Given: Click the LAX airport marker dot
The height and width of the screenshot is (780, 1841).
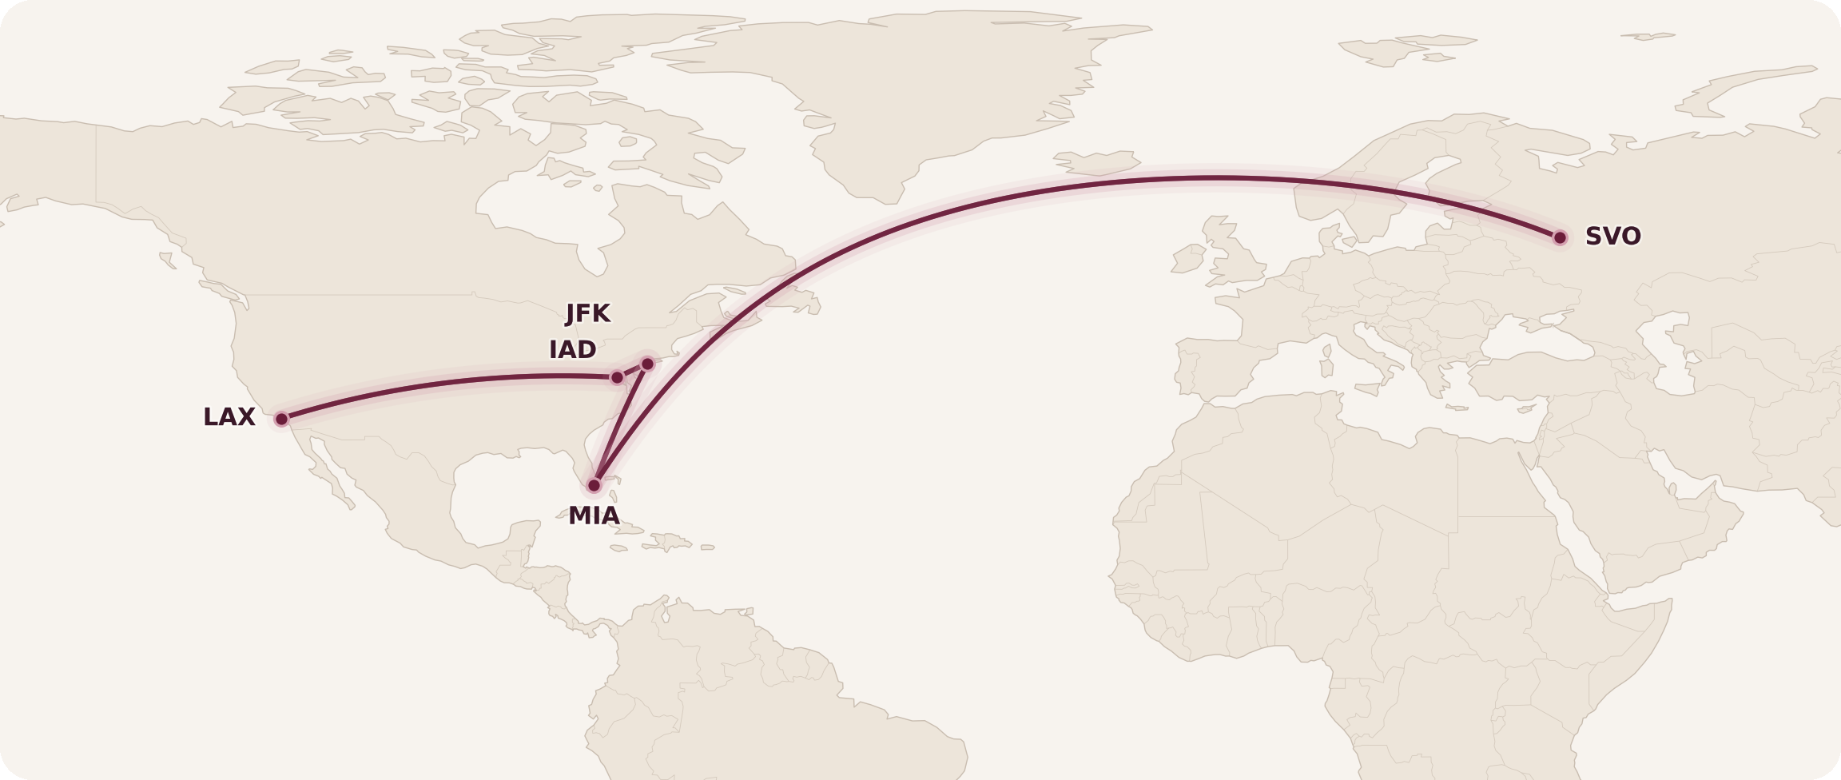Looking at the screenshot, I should point(281,419).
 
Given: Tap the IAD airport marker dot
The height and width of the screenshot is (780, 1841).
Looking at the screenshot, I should point(617,377).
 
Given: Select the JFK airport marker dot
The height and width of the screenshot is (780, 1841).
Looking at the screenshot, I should point(647,364).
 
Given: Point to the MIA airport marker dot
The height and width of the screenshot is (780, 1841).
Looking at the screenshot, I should point(594,485).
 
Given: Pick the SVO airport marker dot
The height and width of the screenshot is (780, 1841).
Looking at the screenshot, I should point(1560,237).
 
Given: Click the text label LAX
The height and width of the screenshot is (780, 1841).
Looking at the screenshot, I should point(229,417).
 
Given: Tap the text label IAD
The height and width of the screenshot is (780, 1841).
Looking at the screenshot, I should point(573,350).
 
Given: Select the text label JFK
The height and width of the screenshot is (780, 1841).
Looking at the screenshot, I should point(588,313).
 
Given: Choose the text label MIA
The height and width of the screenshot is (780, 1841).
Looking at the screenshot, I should point(594,516).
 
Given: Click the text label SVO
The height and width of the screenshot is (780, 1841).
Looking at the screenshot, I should point(1612,237).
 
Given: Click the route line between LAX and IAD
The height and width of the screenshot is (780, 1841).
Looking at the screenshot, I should point(447,382).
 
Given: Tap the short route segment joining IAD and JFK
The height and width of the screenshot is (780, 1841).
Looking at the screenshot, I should point(632,371).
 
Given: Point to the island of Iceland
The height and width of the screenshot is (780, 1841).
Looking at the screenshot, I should point(1096,163).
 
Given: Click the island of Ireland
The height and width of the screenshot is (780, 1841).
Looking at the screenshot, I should point(1188,259).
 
